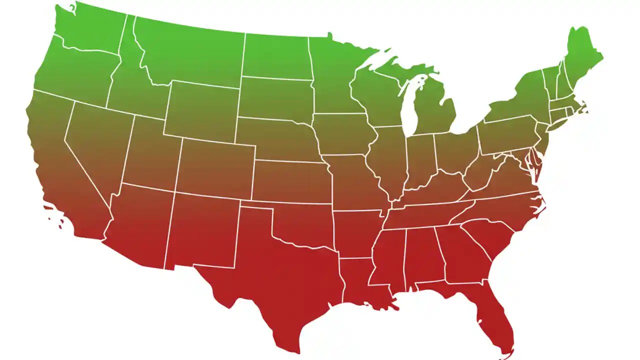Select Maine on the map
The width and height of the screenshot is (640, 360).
click(582, 55)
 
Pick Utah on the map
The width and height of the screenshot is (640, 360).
click(150, 150)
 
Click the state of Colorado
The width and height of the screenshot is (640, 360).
click(215, 167)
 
